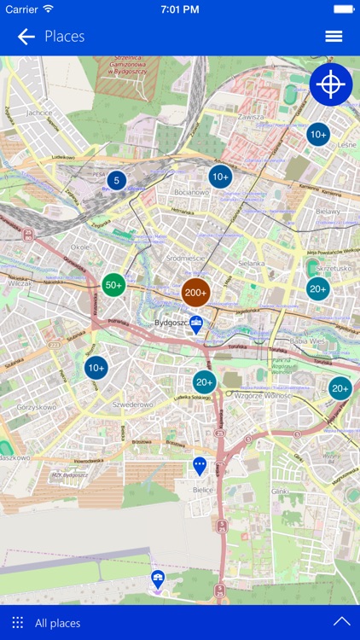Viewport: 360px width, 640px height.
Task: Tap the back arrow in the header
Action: pos(26,36)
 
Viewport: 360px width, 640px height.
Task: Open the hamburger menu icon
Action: pos(334,36)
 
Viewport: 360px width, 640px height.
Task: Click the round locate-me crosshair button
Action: pos(331,84)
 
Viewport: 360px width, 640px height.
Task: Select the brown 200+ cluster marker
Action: pos(195,293)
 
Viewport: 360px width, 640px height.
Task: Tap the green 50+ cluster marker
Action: pos(113,286)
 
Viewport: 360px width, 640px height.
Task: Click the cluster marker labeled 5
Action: pos(116,180)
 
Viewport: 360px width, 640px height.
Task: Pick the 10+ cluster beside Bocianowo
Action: pos(220,177)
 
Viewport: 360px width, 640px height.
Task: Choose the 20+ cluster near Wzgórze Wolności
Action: pos(204,382)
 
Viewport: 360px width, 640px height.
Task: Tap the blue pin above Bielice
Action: pos(200,466)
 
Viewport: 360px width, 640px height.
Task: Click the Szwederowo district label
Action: pos(133,404)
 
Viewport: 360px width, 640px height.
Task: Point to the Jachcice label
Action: pos(39,112)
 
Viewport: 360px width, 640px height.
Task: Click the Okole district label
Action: pos(81,247)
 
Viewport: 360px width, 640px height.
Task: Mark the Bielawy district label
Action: pos(328,211)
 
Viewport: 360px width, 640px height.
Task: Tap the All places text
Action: pos(59,623)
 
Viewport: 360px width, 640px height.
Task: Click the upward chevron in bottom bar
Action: pos(342,622)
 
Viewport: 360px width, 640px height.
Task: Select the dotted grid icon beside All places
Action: pos(18,623)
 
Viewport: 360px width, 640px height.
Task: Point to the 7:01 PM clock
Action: pos(179,9)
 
